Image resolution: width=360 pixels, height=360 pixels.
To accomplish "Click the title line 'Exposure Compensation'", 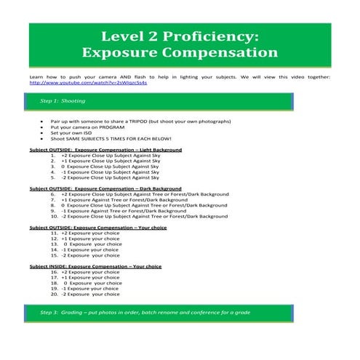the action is coord(180,53).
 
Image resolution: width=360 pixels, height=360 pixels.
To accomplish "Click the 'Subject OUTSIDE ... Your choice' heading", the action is coord(98,228).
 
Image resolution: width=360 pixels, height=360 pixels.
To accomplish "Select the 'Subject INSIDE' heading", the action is coord(95,266).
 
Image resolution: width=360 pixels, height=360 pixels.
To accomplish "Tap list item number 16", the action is coord(91,272).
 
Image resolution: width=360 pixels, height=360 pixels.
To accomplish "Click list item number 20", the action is coord(91,295).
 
